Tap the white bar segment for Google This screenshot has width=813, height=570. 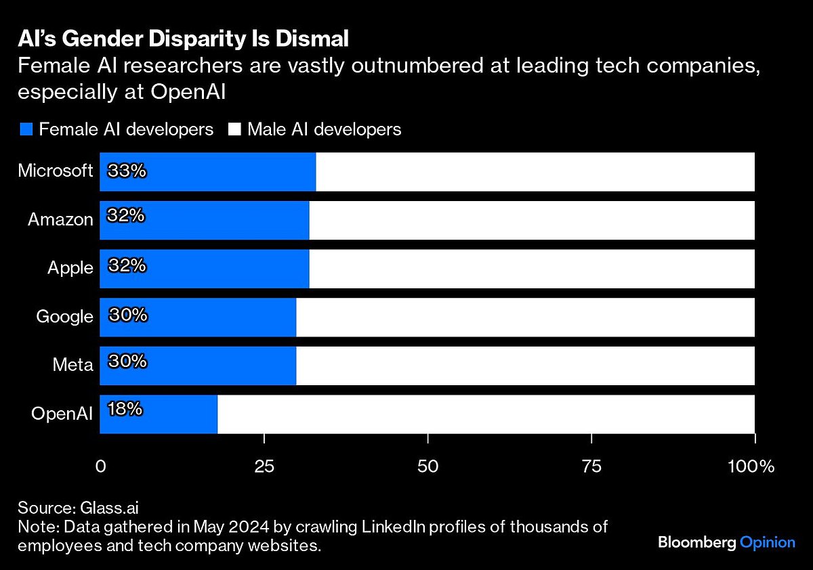[525, 317]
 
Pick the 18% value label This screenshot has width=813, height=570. [125, 409]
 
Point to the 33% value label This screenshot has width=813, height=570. [127, 171]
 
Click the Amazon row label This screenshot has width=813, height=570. [60, 219]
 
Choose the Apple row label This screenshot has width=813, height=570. [70, 268]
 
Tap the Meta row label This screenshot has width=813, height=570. [72, 365]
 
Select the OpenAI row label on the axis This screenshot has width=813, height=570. [62, 414]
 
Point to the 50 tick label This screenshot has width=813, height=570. [428, 466]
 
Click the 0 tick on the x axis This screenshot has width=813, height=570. [100, 466]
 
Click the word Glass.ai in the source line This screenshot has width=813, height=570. [110, 508]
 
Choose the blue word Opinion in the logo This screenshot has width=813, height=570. [767, 542]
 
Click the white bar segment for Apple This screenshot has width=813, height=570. [532, 268]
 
